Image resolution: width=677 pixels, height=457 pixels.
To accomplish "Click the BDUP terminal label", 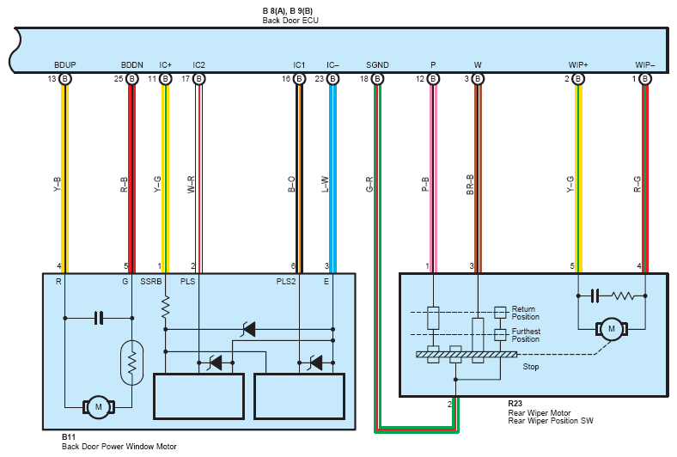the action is click(64, 64).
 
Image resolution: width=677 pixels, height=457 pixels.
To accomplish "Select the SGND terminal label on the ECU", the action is click(377, 64).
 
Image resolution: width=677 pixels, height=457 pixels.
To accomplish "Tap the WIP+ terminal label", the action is click(577, 64).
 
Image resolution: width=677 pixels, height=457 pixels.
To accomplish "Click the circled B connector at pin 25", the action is click(132, 79).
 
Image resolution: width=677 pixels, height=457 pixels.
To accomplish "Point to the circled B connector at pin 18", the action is click(377, 79).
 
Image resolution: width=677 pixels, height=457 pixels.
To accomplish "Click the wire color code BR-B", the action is click(470, 185).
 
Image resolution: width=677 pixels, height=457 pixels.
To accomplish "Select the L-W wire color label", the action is click(325, 185).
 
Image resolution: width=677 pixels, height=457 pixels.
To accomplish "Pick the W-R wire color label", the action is click(192, 185).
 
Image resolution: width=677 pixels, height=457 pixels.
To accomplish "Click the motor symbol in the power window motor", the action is click(99, 407).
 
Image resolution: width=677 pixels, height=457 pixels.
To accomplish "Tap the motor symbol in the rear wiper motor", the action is click(612, 329).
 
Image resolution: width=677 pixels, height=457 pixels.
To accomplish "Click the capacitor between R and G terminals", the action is click(99, 318).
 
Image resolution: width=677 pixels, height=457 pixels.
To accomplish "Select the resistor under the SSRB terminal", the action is click(165, 308).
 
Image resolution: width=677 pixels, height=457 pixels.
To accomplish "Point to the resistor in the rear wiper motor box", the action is click(623, 296).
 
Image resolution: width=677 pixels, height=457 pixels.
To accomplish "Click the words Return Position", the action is click(526, 313).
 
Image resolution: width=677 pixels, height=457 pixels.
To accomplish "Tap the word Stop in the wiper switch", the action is click(531, 367).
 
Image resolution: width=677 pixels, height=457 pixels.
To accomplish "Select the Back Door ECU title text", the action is click(290, 21).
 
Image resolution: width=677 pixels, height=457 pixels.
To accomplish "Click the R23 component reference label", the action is click(515, 404).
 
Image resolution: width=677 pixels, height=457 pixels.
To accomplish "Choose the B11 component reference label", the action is click(68, 437).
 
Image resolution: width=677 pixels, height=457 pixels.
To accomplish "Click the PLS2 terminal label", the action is click(286, 282).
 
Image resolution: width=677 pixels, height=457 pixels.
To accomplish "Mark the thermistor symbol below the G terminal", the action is click(132, 363).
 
